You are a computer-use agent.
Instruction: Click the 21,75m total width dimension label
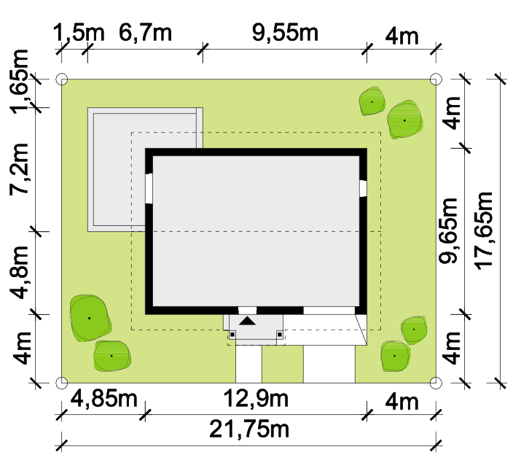(x=249, y=429)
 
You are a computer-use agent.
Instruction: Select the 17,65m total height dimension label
(x=485, y=231)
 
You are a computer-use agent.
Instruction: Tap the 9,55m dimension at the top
(x=285, y=33)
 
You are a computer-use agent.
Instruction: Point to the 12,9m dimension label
(x=256, y=399)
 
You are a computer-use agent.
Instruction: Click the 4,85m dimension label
(x=104, y=399)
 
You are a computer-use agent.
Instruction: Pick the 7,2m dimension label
(x=19, y=169)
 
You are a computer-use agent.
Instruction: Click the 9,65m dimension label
(x=449, y=230)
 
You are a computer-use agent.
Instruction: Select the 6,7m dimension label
(x=145, y=33)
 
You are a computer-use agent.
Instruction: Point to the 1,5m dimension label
(x=79, y=33)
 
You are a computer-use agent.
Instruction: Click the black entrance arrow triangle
(x=247, y=321)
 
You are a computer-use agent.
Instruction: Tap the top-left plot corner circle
(x=62, y=79)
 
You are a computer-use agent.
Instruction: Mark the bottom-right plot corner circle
(x=436, y=383)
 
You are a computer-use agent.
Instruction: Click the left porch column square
(x=232, y=335)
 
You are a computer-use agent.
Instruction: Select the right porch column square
(x=280, y=335)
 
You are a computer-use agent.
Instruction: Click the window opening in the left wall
(x=149, y=189)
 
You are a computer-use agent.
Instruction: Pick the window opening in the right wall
(x=363, y=188)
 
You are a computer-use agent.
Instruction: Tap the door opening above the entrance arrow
(x=247, y=311)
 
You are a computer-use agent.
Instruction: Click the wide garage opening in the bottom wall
(x=329, y=311)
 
